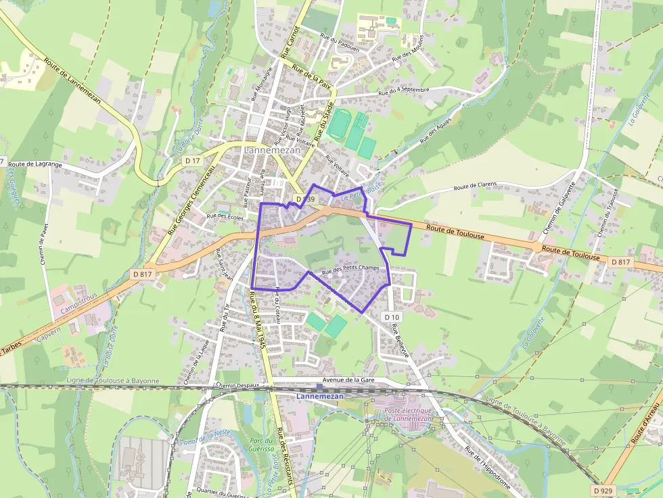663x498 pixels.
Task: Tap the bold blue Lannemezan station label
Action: (x=320, y=396)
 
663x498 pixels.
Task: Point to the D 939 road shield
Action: (x=305, y=199)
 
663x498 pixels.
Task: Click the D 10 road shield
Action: (x=392, y=317)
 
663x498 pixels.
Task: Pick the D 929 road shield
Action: (x=602, y=490)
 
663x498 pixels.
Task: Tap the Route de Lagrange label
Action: (x=35, y=164)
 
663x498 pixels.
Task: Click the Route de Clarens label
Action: (x=475, y=186)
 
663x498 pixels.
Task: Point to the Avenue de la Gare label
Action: (x=348, y=380)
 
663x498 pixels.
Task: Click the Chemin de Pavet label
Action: (x=44, y=244)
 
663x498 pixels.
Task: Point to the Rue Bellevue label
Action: (x=400, y=341)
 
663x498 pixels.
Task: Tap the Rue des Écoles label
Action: (x=225, y=216)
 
